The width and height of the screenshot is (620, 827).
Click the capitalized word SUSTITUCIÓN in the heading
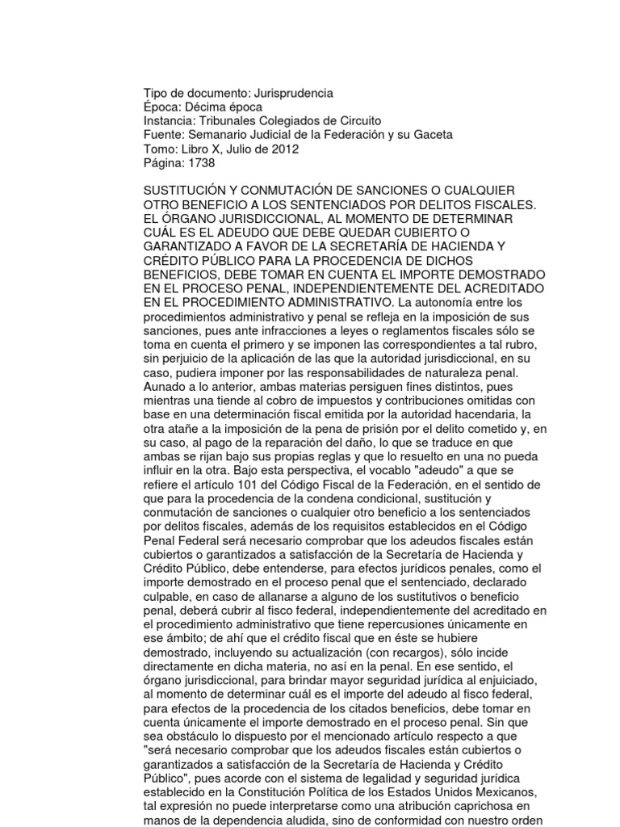[186, 190]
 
